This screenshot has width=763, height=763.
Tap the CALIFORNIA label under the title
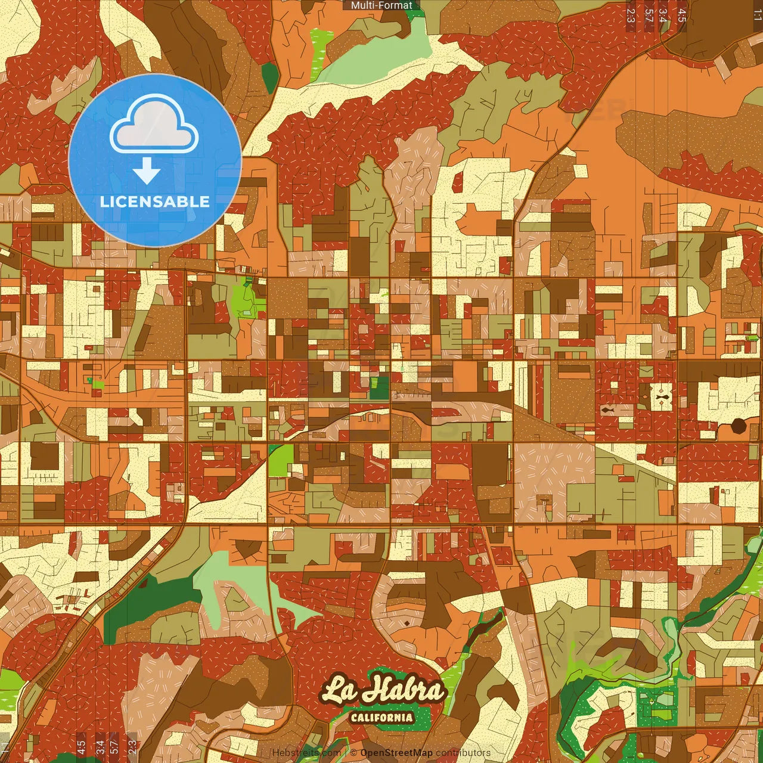[381, 717]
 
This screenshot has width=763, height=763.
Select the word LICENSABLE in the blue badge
[154, 201]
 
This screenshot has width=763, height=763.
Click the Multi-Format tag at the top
[381, 5]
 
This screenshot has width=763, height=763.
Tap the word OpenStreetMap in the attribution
[396, 753]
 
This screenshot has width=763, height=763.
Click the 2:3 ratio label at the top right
[631, 15]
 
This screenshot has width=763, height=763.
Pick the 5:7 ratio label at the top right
[649, 15]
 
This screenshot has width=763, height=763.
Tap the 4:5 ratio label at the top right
[682, 15]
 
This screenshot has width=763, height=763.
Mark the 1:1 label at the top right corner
[757, 15]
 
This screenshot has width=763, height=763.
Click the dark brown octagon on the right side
[739, 426]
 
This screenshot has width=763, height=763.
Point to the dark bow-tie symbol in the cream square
[661, 396]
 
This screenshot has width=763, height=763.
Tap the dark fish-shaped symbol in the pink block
[607, 410]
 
